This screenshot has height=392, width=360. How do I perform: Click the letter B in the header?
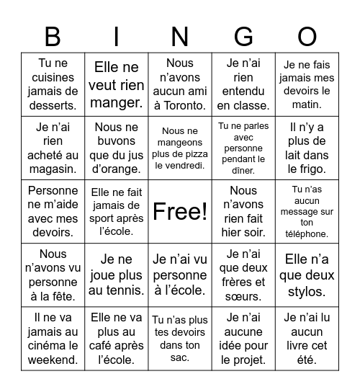[53, 36]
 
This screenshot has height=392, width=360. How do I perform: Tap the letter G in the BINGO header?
[243, 36]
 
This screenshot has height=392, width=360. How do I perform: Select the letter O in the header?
[307, 36]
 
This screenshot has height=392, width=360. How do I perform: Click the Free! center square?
[180, 211]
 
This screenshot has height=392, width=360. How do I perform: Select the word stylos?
[307, 292]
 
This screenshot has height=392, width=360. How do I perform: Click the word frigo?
[307, 169]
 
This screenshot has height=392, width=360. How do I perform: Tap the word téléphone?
[307, 233]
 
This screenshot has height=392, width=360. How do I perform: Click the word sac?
[180, 357]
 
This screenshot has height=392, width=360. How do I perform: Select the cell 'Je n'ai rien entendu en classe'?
[243, 85]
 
